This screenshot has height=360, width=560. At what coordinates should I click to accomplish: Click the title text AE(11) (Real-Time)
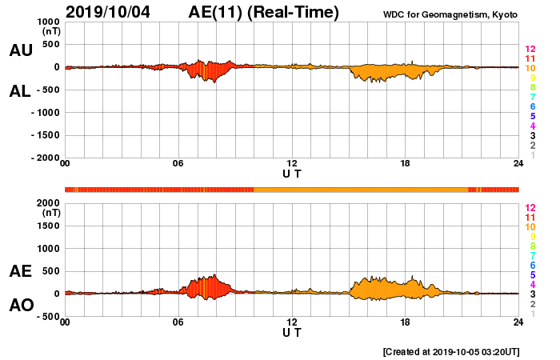(x=263, y=12)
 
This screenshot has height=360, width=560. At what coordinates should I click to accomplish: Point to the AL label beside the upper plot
(x=20, y=91)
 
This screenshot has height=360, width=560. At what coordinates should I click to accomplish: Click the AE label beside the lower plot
(x=20, y=272)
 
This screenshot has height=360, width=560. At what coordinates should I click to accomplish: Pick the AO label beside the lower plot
(x=20, y=306)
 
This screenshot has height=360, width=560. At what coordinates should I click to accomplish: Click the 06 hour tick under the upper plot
(x=178, y=163)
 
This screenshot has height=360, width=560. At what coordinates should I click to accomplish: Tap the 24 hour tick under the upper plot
(x=518, y=163)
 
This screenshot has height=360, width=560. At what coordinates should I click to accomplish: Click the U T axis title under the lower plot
(x=292, y=332)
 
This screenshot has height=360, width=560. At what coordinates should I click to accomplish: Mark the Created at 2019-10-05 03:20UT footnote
(x=451, y=351)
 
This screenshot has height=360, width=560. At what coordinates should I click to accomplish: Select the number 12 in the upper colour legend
(x=529, y=50)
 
